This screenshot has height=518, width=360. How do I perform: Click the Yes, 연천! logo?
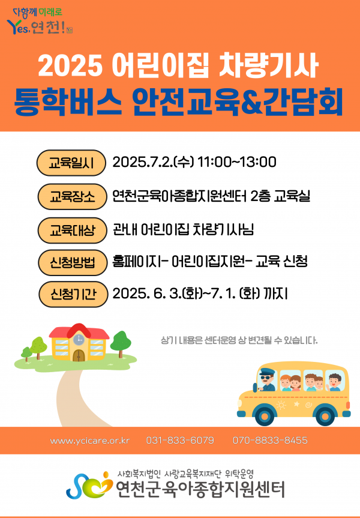point(40,22)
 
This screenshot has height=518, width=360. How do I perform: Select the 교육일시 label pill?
point(71,163)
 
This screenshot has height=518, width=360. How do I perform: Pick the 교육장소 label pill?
point(73,196)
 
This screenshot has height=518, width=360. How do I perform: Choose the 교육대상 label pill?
point(73,230)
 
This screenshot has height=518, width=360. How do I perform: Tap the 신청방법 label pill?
point(73,262)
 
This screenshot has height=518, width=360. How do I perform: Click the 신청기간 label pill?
point(73,294)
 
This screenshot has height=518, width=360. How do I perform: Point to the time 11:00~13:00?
point(237,162)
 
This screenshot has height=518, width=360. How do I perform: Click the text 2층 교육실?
point(280,196)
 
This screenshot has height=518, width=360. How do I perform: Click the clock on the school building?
point(78,339)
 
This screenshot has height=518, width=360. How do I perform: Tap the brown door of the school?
point(79,355)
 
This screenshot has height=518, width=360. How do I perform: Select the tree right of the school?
point(121,344)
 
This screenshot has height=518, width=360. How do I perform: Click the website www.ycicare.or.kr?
point(90,441)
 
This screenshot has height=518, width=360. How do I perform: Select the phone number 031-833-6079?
point(180,441)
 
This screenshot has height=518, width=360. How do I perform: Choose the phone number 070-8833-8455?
point(270,441)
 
